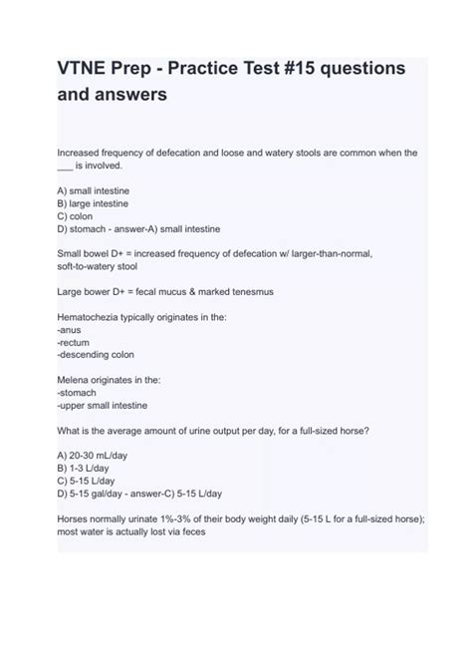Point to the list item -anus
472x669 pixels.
pos(69,329)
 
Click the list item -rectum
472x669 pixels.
pos(73,342)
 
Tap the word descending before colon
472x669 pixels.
pos(88,354)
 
